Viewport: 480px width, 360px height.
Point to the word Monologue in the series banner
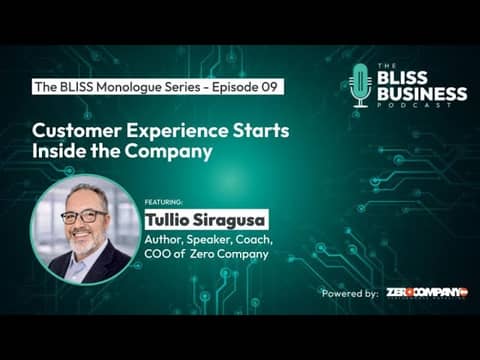(x=125, y=87)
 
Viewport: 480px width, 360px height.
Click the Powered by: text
(x=350, y=293)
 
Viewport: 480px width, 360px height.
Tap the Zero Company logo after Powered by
(x=427, y=292)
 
